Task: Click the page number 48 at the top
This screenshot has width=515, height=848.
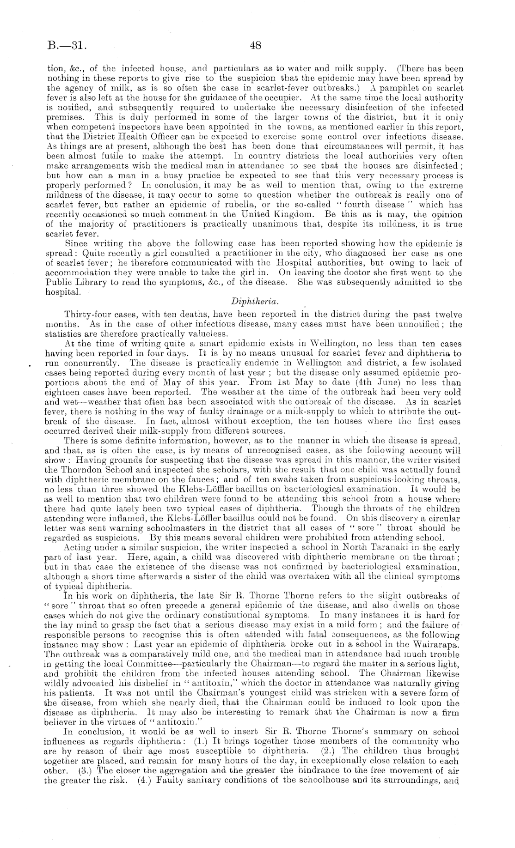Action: point(256,45)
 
